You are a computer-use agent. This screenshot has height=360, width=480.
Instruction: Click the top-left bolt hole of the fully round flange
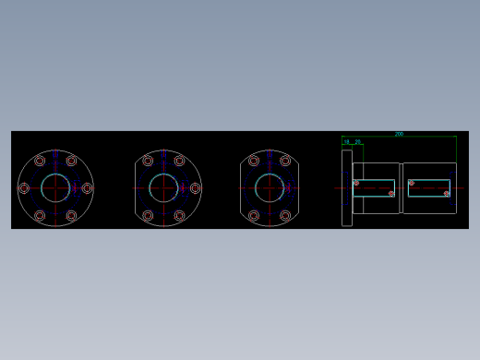[x=40, y=161]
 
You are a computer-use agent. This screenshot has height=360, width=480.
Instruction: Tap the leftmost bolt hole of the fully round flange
[x=24, y=188]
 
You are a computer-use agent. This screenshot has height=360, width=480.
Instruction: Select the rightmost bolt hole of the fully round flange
[x=87, y=188]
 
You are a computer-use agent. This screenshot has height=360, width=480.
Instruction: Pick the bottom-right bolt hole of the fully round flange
[x=71, y=215]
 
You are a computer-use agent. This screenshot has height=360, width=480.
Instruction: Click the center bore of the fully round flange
[x=55, y=188]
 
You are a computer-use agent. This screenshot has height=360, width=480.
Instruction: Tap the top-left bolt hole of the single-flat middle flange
[x=148, y=161]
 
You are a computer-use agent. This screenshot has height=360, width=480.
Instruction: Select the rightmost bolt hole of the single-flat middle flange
[x=195, y=188]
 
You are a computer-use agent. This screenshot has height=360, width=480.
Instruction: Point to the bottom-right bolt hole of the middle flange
[x=179, y=215]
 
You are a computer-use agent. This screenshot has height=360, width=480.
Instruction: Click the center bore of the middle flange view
[x=163, y=188]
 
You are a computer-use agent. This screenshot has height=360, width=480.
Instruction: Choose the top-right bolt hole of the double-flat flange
[x=285, y=161]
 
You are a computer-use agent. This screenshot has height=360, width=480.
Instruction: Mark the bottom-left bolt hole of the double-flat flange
[x=254, y=215]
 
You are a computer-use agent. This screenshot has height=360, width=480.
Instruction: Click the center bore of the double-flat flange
[x=270, y=188]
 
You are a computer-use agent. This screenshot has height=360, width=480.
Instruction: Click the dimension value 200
[x=399, y=134]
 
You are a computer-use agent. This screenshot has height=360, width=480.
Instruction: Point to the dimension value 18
[x=347, y=142]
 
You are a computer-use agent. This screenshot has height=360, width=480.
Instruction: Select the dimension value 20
[x=358, y=142]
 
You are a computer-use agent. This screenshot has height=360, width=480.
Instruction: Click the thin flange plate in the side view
[x=347, y=188]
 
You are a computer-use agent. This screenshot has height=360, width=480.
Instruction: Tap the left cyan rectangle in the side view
[x=374, y=188]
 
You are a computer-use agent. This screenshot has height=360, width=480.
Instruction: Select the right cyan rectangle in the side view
[x=429, y=188]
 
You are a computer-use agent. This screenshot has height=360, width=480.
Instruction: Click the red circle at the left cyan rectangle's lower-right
[x=391, y=194]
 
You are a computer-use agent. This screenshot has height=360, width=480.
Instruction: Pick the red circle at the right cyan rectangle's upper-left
[x=410, y=183]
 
